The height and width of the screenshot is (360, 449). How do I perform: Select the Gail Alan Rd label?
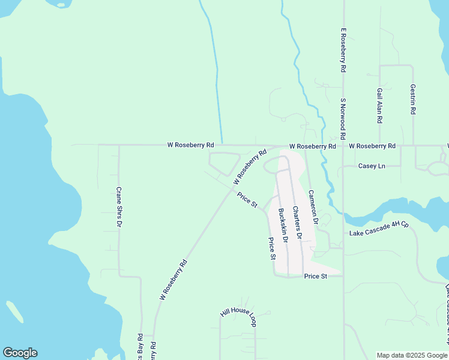pyautogui.click(x=380, y=106)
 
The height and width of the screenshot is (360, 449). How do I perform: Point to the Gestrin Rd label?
pyautogui.click(x=413, y=98)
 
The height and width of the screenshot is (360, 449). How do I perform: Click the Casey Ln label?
pyautogui.click(x=371, y=166)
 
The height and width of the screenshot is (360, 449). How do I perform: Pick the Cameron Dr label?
pyautogui.click(x=312, y=207)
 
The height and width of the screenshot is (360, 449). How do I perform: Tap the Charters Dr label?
pyautogui.click(x=297, y=224)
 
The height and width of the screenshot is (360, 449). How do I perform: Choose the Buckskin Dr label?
pyautogui.click(x=283, y=226)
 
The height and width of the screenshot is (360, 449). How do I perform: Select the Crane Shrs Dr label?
pyautogui.click(x=119, y=206)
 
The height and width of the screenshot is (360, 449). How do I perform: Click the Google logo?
pyautogui.click(x=20, y=353)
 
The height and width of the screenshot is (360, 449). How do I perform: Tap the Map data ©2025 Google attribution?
pyautogui.click(x=412, y=355)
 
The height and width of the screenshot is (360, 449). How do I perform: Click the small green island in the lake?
pyautogui.click(x=15, y=311)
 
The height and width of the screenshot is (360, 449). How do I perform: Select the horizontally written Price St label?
pyautogui.click(x=315, y=276)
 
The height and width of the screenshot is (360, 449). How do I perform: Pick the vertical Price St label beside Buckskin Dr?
pyautogui.click(x=271, y=248)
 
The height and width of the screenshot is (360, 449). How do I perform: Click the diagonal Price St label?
pyautogui.click(x=247, y=200)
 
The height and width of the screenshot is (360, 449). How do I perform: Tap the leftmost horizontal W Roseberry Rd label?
pyautogui.click(x=190, y=145)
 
